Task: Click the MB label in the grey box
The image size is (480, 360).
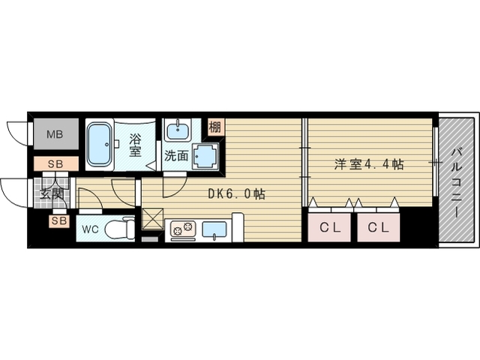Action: (55, 134)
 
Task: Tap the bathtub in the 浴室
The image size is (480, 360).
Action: (99, 144)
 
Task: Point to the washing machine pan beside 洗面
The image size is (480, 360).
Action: (205, 156)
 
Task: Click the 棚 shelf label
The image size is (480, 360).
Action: (214, 127)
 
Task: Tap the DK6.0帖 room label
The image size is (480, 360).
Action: (236, 193)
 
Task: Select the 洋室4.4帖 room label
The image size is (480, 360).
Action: (369, 164)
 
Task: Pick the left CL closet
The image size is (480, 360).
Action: (329, 227)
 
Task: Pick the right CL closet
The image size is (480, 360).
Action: (378, 227)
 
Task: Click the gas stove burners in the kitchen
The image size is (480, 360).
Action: (183, 228)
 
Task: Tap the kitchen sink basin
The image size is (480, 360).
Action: (214, 230)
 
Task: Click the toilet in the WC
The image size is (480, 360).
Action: (120, 228)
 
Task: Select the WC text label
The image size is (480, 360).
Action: (90, 229)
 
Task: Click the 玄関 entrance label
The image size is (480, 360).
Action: (52, 193)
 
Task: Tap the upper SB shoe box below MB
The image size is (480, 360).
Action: (55, 164)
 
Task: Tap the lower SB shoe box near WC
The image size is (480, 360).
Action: (58, 220)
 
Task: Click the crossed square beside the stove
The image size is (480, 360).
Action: (153, 219)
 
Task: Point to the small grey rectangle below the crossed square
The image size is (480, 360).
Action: (150, 239)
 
